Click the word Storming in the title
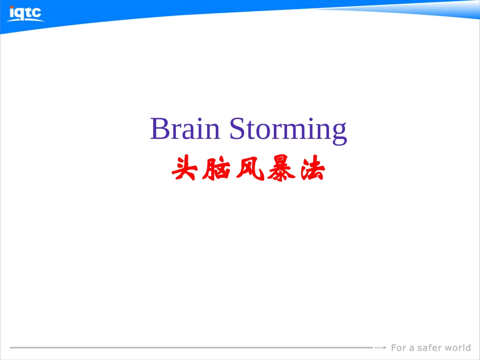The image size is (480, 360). pos(288,130)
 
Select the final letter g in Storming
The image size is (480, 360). pos(339,132)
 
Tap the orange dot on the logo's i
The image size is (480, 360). pos(12,6)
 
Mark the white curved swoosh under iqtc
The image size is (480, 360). pos(25,20)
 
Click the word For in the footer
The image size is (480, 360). pos(399,347)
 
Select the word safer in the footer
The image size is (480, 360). pos(430,347)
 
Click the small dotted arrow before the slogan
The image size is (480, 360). pos(381,347)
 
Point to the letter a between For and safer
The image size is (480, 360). pos(412,348)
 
